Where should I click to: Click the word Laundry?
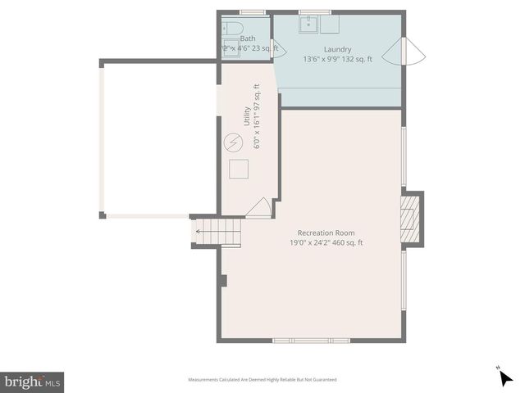coord(337,49)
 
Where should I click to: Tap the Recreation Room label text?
coord(326,233)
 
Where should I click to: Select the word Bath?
coord(248,38)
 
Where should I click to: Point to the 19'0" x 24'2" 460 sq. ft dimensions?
coord(326,242)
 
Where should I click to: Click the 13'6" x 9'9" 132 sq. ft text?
coord(337,59)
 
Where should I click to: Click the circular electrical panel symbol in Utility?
coord(233,143)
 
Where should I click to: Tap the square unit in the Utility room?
coord(239,169)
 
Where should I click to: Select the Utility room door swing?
coord(259,208)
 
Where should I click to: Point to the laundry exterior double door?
coord(414,54)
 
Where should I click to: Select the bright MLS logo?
coord(33,382)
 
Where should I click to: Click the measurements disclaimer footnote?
coord(262,380)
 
